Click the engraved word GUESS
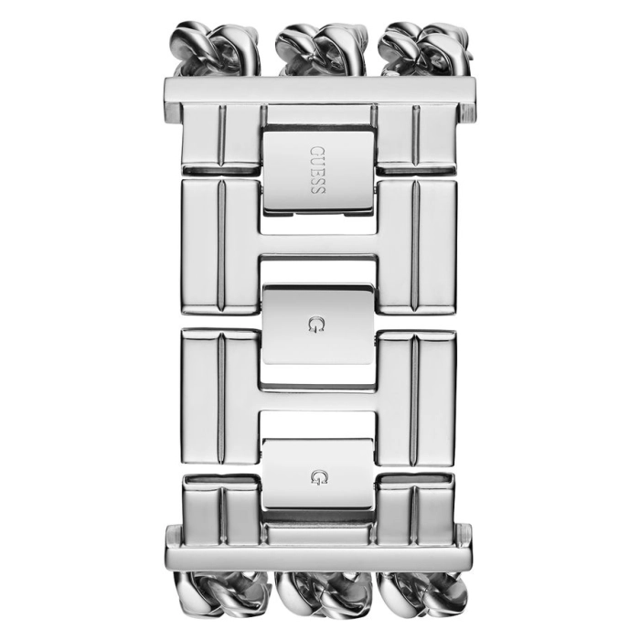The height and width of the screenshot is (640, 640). pyautogui.click(x=317, y=170)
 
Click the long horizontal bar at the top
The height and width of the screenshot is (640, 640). pyautogui.click(x=319, y=91)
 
